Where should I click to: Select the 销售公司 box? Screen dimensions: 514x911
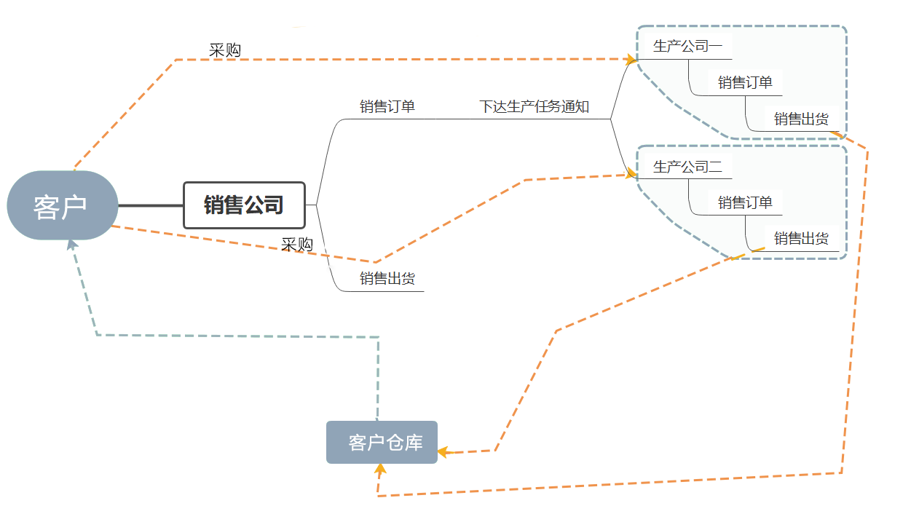(243, 205)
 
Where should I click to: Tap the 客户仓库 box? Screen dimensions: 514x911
(382, 442)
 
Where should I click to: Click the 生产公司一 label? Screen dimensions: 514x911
(687, 47)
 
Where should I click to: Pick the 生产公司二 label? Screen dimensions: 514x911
(687, 167)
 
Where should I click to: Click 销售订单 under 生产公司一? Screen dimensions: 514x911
(745, 82)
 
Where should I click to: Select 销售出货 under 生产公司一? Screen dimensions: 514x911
(801, 119)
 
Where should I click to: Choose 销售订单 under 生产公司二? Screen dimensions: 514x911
(745, 202)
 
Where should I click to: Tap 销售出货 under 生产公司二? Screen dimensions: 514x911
(801, 238)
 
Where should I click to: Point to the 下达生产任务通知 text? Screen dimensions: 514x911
(534, 107)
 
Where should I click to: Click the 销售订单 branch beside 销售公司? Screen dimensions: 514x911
(387, 106)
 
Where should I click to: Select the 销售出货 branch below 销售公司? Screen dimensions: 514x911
(387, 278)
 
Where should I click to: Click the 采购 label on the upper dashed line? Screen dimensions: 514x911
(225, 50)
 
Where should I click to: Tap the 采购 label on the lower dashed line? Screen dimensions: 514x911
(297, 245)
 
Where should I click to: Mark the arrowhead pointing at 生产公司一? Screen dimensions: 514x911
(631, 59)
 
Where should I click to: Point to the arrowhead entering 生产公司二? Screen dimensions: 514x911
(631, 174)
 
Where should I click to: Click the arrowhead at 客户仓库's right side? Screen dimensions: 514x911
(443, 452)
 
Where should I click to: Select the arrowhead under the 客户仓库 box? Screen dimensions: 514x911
(379, 468)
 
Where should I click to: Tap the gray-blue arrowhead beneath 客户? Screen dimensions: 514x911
(71, 245)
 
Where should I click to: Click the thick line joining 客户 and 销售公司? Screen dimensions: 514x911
(150, 206)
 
